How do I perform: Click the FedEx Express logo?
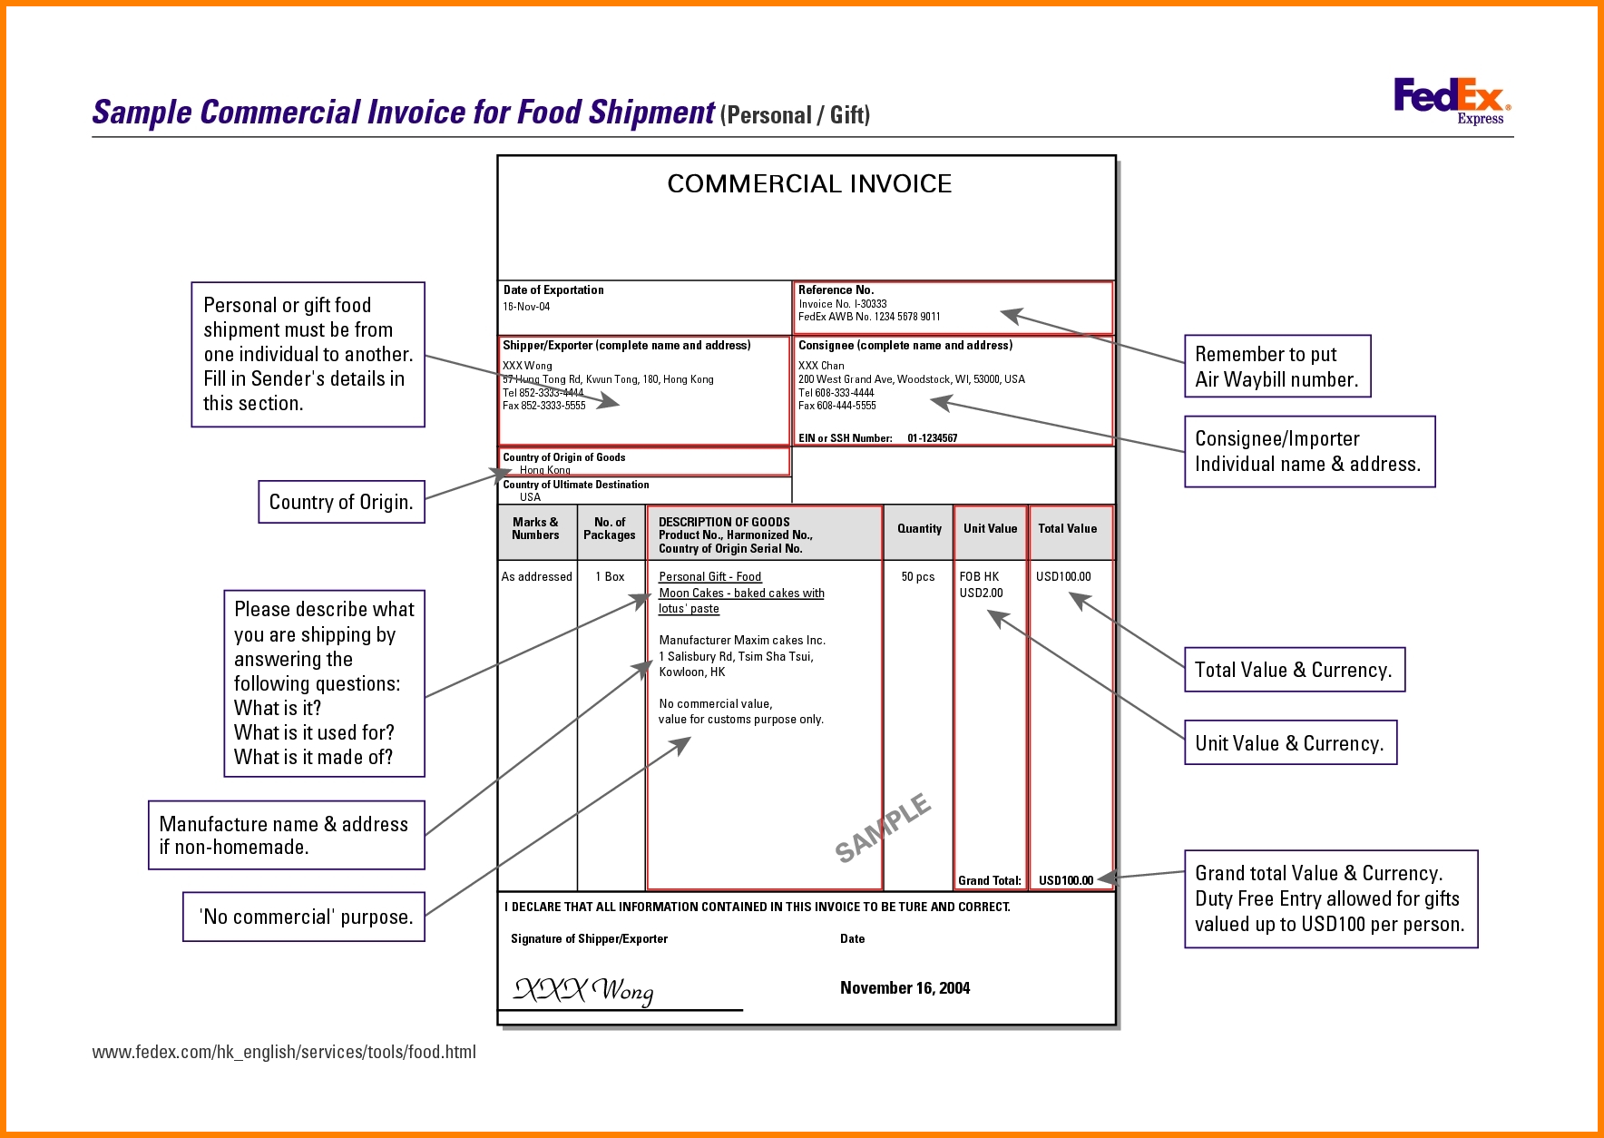pos(1452,101)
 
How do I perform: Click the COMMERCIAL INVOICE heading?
pos(809,184)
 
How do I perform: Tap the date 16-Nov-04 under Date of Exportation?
pos(526,307)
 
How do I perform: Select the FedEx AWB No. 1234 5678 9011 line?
pos(869,317)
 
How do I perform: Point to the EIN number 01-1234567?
pos(932,438)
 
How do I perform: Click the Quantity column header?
pos(919,528)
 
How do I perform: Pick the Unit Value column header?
pos(990,528)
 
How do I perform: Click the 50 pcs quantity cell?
pos(917,576)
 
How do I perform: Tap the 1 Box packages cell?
pos(610,576)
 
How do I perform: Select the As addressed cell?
pos(537,576)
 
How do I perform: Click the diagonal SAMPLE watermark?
pos(883,828)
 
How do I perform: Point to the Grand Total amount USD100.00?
pos(1066,880)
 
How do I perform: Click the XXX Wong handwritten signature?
pos(583,990)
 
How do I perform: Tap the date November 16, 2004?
pos(905,988)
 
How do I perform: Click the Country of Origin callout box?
pos(341,502)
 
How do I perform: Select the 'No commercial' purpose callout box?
pos(304,917)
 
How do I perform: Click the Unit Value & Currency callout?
pos(1290,743)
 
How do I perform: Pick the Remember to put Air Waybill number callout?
pos(1277,367)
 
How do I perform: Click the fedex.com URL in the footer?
pos(284,1052)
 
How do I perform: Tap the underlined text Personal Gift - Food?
pos(709,577)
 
